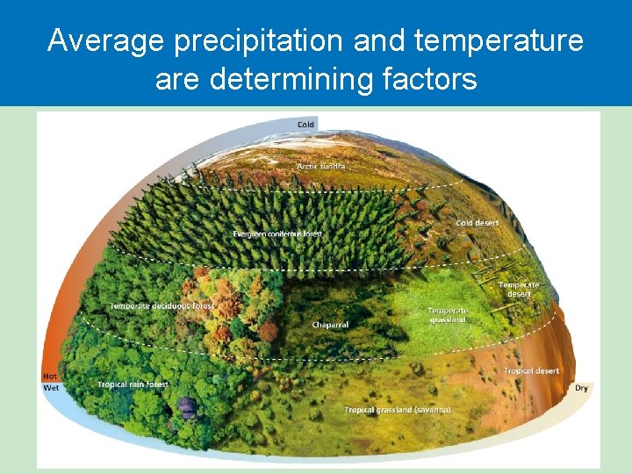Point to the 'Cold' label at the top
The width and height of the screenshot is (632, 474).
click(x=305, y=125)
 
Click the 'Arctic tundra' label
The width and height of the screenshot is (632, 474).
click(x=321, y=166)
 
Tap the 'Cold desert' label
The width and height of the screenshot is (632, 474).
click(x=478, y=223)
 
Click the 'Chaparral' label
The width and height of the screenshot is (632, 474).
click(x=330, y=325)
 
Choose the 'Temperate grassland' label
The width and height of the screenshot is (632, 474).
click(x=448, y=315)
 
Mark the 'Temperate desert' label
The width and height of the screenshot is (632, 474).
click(x=519, y=289)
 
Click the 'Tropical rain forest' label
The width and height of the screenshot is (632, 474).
click(x=133, y=384)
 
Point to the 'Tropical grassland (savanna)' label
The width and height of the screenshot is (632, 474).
click(x=398, y=410)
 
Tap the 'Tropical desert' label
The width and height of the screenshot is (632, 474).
click(x=531, y=371)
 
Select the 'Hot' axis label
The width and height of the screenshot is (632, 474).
click(x=50, y=377)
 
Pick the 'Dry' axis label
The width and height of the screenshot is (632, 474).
click(x=581, y=387)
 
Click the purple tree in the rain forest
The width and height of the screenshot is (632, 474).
click(x=187, y=406)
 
